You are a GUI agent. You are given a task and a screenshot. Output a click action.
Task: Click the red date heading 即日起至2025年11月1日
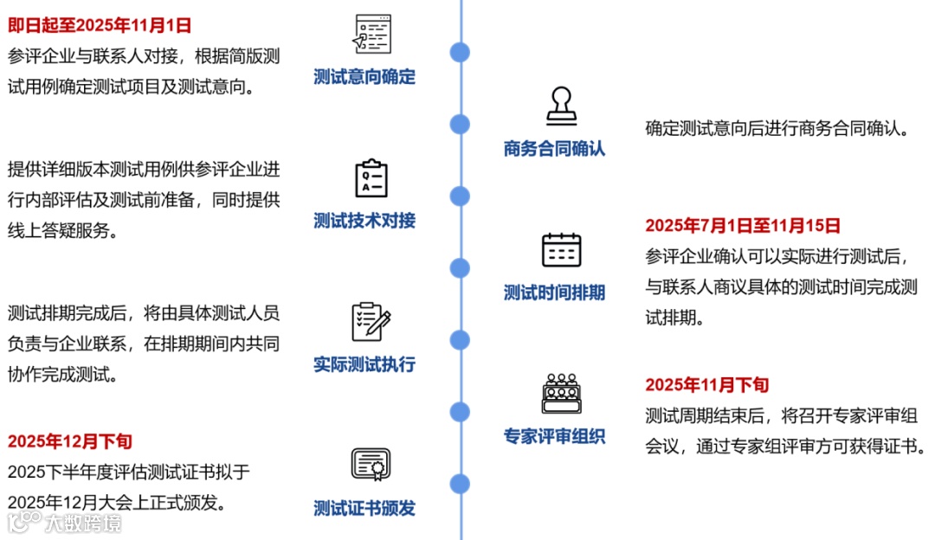coord(100,25)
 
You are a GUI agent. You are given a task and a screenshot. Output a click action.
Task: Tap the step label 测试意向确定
coord(364,77)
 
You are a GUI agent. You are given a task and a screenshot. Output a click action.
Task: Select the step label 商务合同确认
coord(554,149)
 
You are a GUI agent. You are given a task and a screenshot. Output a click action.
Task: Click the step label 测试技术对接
coord(364,221)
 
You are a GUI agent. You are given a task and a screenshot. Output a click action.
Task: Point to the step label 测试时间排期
coord(554,292)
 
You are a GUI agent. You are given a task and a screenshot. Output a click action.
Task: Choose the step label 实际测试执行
coord(364,364)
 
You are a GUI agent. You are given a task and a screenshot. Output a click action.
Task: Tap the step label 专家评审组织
coord(554,436)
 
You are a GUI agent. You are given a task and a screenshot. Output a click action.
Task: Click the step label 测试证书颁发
coord(364,508)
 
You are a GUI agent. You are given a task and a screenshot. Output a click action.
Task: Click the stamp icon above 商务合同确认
coord(561,106)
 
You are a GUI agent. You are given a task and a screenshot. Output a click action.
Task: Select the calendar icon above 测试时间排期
coord(561,250)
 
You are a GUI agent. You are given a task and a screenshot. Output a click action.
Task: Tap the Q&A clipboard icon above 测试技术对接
coord(371,177)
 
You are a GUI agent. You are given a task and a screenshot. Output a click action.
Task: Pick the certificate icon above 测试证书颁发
coord(371,465)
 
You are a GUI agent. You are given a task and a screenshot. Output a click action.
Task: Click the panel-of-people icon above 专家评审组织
coord(561,394)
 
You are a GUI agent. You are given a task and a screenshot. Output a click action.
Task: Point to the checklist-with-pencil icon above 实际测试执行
coord(371,321)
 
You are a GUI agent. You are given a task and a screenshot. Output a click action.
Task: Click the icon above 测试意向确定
coord(371,35)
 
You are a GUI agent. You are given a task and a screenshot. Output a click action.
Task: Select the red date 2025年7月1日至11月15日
coord(743,226)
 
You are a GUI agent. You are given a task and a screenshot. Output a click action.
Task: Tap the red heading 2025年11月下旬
coord(706,385)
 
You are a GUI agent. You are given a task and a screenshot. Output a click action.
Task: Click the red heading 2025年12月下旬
coord(70,441)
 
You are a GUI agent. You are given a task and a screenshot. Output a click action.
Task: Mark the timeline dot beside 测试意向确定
coord(461,52)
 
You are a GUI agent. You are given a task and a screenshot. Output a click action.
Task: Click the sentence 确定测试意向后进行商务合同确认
coord(777,129)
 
